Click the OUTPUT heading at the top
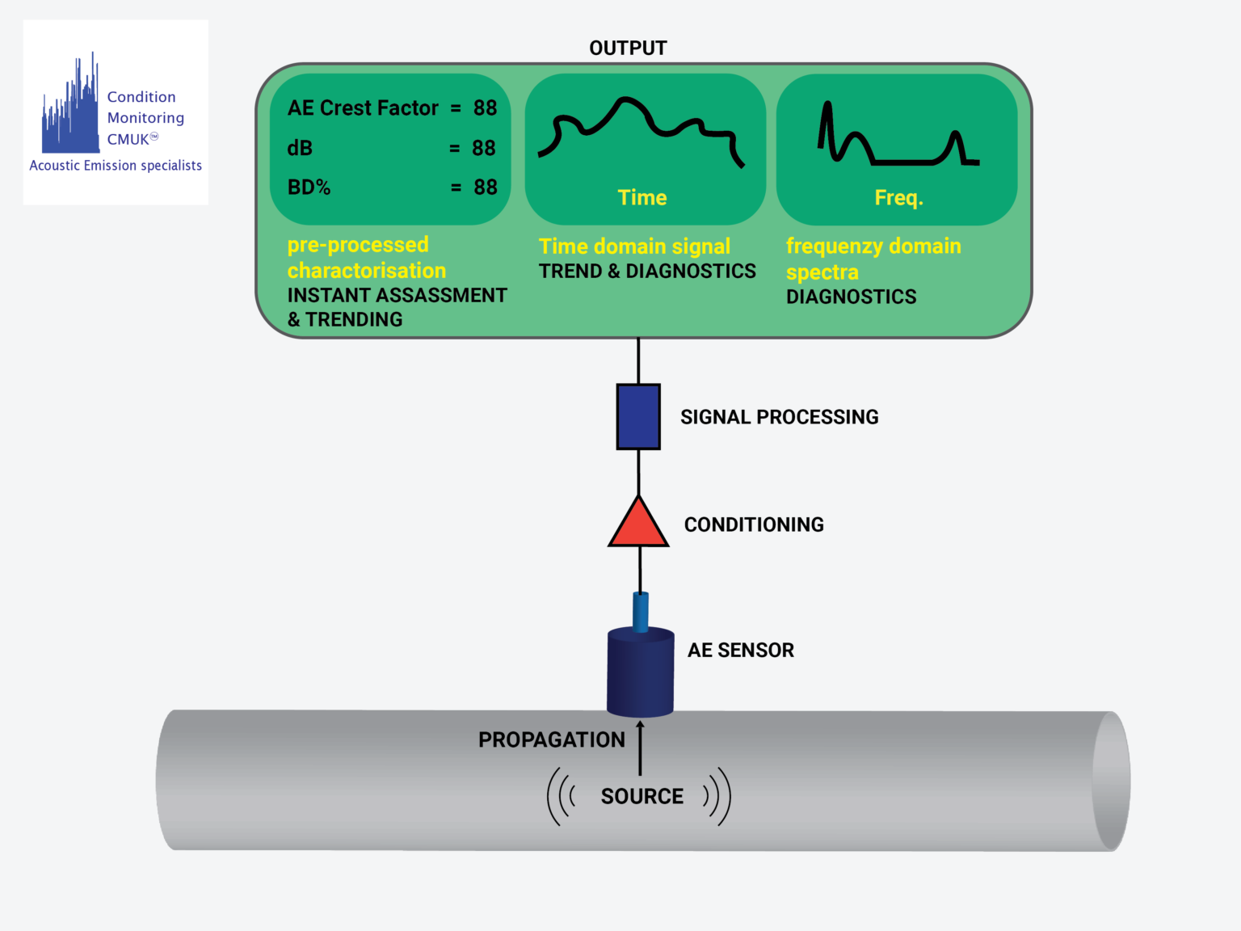point(628,48)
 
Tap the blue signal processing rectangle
point(638,417)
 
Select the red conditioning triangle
point(638,522)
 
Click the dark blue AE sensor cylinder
point(640,672)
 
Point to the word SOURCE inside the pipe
point(642,797)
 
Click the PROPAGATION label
point(551,740)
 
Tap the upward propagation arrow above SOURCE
point(640,748)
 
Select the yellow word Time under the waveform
point(642,198)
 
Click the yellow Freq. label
point(899,198)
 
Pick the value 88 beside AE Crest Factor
point(485,108)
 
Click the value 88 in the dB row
point(484,148)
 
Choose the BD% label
point(309,187)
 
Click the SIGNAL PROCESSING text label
point(779,417)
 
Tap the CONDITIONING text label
point(754,524)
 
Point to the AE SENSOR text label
point(741,650)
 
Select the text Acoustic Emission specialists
point(116,166)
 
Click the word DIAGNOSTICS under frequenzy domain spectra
point(851,297)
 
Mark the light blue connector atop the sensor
point(641,612)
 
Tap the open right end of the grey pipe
point(1111,781)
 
